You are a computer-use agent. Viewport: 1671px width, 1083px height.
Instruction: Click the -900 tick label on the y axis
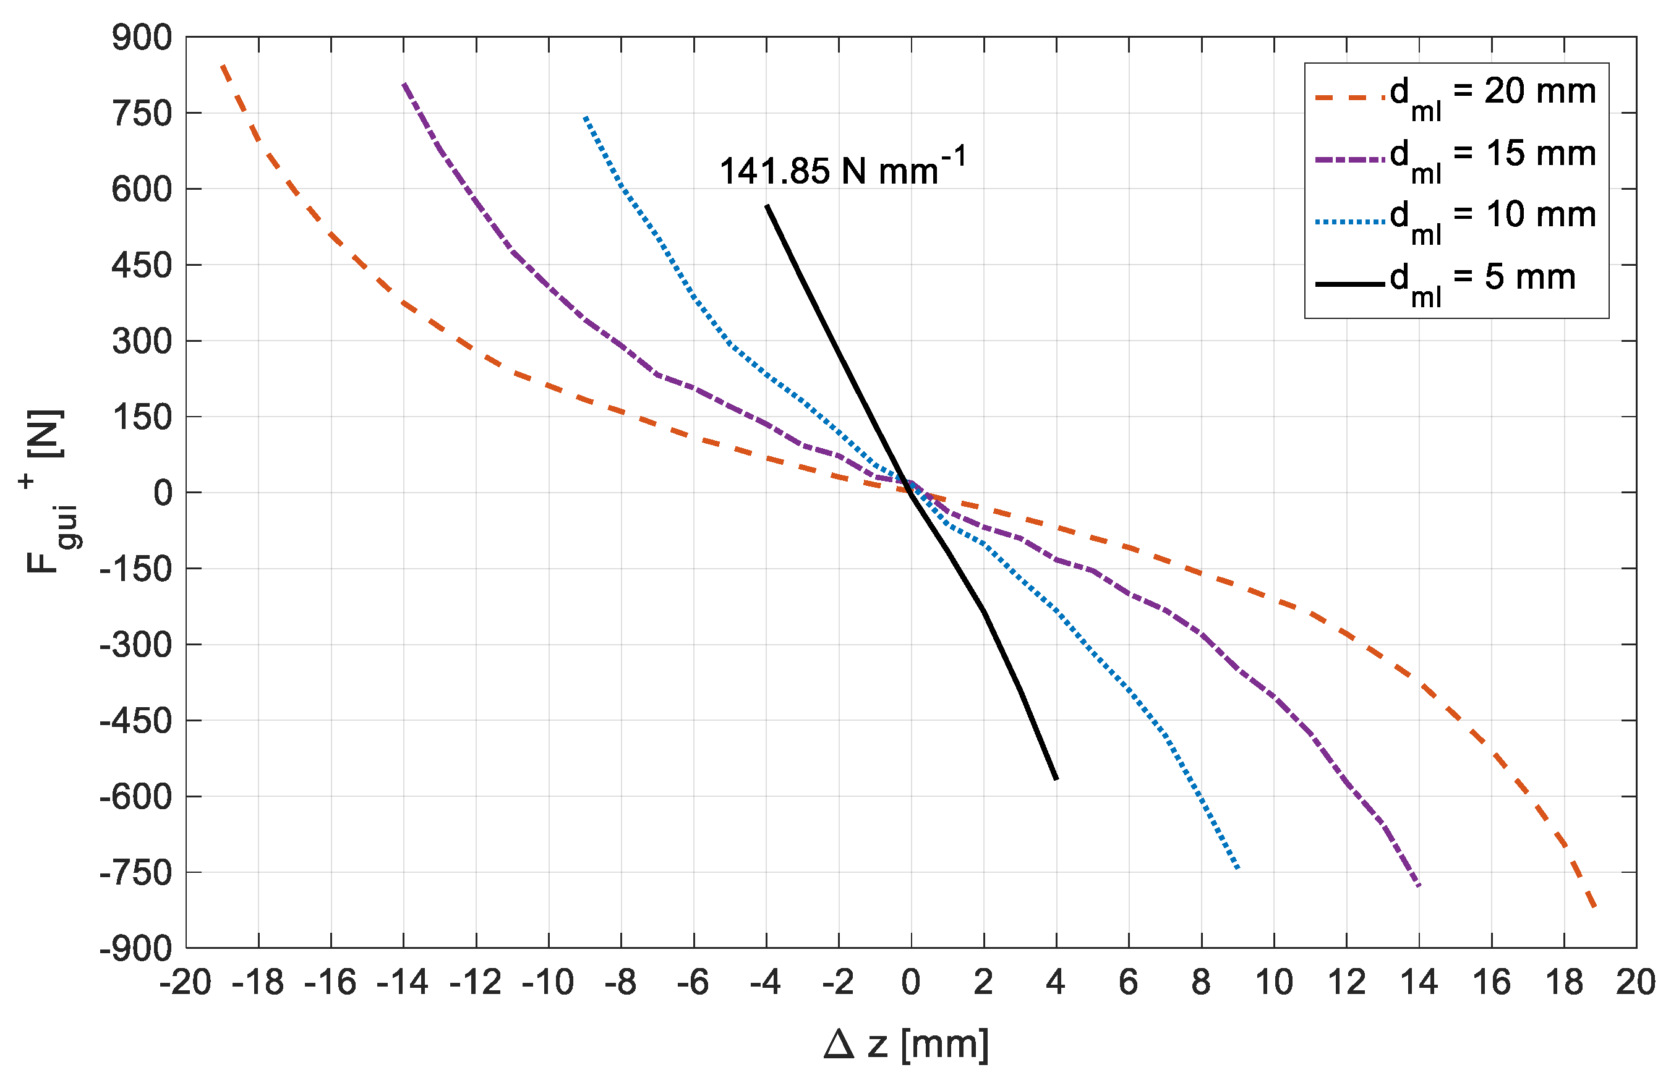pos(136,949)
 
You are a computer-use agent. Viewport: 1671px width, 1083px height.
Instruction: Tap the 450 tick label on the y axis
pos(142,265)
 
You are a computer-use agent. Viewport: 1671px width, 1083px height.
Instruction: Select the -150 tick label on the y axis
pos(136,569)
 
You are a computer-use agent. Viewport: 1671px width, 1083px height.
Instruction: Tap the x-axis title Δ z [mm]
pos(907,1045)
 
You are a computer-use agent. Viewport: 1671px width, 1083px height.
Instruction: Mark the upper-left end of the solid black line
pos(767,206)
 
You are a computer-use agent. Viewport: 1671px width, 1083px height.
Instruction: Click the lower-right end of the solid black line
pos(1057,779)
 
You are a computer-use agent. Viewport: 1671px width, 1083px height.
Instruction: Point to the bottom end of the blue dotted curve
pos(1239,870)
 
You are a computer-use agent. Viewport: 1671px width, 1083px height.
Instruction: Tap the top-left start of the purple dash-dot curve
pos(404,83)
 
